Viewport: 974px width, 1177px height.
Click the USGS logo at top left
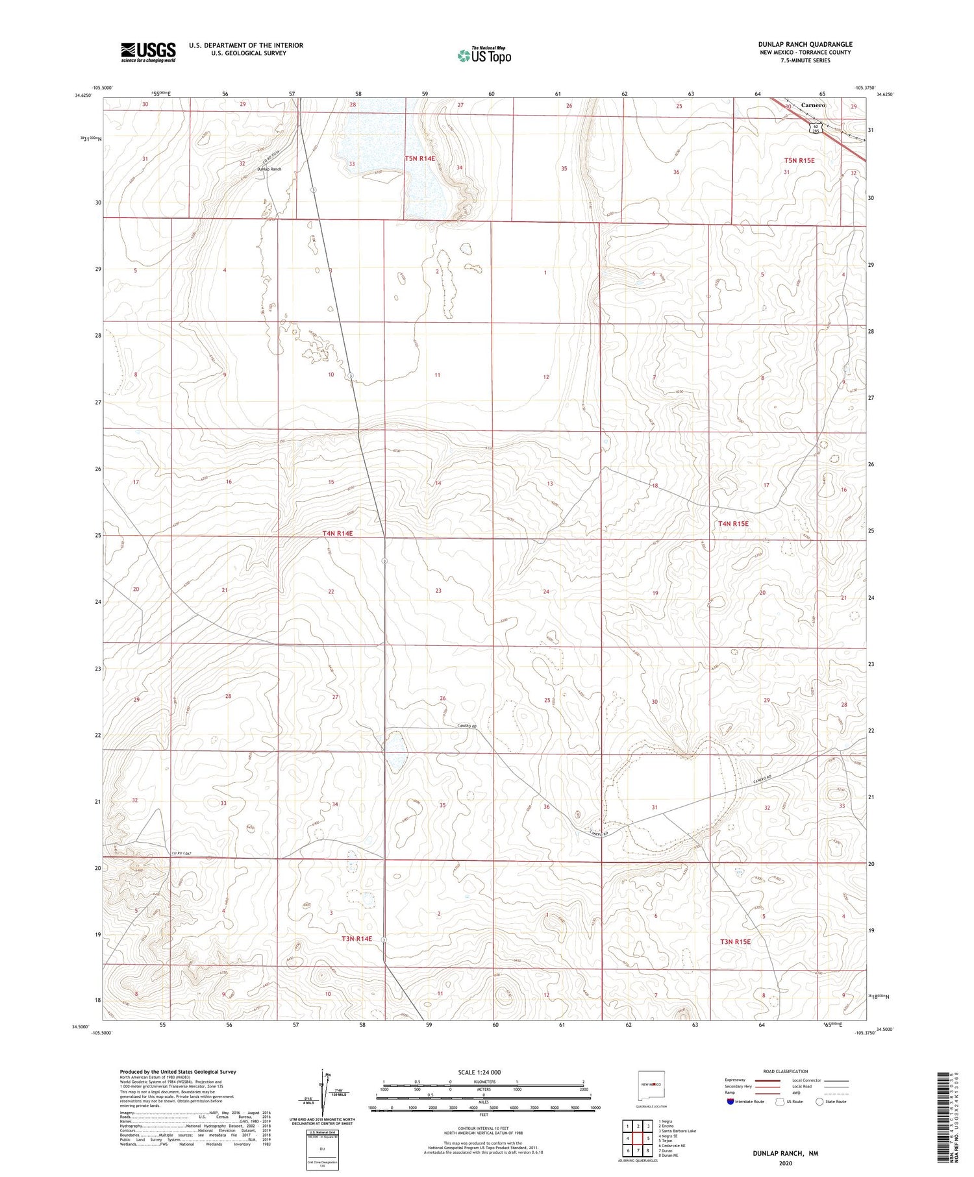[148, 52]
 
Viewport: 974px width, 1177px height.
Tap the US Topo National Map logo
[484, 55]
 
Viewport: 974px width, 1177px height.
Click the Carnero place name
[812, 105]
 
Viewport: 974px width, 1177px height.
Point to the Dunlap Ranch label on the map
[269, 169]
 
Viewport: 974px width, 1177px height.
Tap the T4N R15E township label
[733, 523]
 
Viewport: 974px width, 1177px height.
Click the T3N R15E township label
[735, 941]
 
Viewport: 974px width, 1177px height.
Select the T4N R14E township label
[338, 533]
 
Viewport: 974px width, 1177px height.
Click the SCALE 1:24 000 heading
[479, 1072]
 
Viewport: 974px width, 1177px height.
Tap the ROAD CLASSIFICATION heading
[786, 1071]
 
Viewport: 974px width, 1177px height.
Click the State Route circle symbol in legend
[819, 1101]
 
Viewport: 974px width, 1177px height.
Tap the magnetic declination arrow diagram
[322, 1093]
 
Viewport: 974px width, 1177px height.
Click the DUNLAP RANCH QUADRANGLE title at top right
[805, 45]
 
